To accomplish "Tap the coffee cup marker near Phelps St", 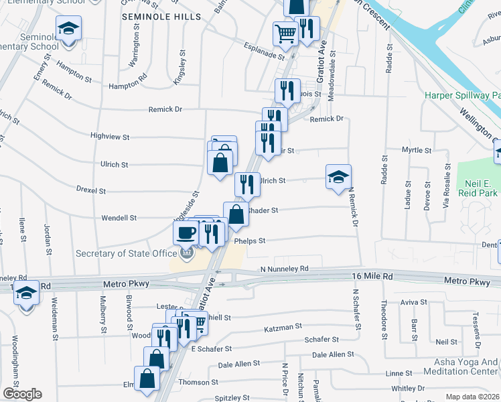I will click(186, 232).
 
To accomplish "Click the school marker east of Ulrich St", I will click(339, 177).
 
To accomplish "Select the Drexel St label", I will click(91, 191).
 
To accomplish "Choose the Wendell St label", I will click(119, 218).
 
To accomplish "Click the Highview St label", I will click(110, 136).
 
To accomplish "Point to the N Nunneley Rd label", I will click(285, 269).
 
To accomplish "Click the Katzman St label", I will click(283, 328).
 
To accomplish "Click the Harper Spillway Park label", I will click(462, 96).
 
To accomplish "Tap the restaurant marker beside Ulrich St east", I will click(247, 184).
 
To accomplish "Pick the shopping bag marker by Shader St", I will click(235, 215).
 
